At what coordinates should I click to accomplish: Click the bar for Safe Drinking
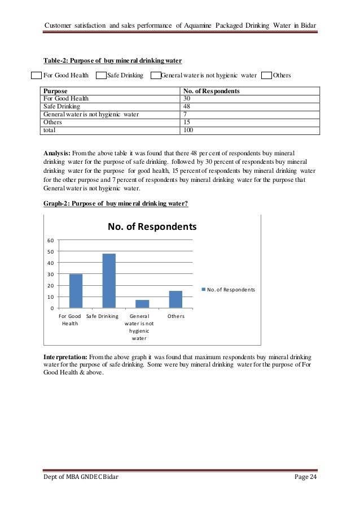point(109,281)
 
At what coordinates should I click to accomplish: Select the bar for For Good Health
point(76,291)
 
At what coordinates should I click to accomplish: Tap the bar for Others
point(176,299)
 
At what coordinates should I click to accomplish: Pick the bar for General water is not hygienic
point(143,304)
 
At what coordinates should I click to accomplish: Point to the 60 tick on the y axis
point(51,240)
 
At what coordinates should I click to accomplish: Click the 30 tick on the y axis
point(51,274)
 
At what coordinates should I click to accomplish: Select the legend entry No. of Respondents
point(228,290)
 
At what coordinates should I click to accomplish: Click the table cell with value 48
point(188,106)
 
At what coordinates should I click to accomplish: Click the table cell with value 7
point(186,114)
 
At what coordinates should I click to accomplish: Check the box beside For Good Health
point(36,75)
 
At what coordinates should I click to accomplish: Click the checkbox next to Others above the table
point(266,75)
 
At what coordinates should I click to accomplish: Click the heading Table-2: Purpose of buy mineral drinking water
point(113,60)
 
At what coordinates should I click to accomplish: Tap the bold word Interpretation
point(65,358)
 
